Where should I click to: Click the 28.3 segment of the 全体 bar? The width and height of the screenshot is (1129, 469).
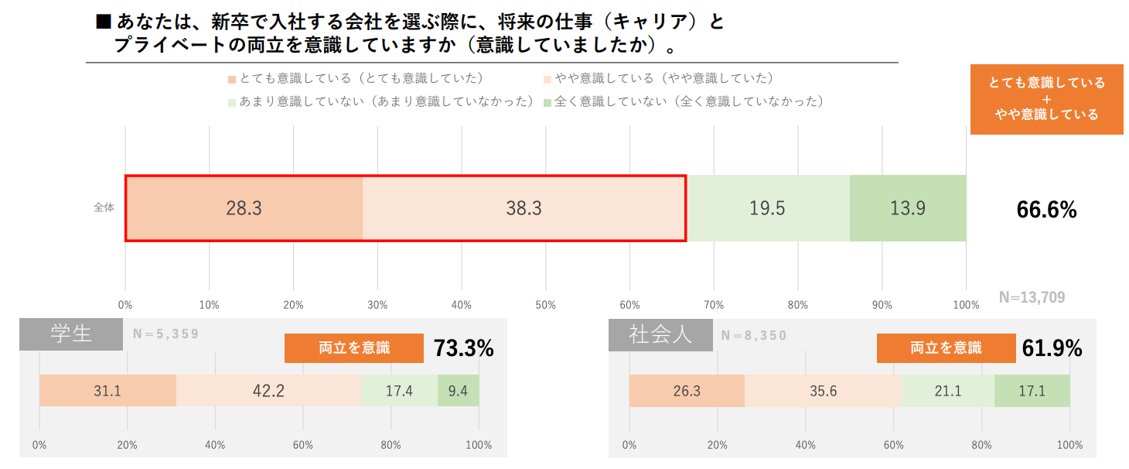[244, 209]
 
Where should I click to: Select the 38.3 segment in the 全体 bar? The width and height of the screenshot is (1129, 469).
[524, 209]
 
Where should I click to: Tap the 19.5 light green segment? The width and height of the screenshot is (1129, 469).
[767, 209]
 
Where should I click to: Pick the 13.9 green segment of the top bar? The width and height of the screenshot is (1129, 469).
[907, 209]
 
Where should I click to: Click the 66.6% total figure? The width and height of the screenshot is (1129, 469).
[1045, 210]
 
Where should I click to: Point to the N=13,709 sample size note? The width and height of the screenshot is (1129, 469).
[1032, 297]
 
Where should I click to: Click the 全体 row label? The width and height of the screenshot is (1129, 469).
[104, 208]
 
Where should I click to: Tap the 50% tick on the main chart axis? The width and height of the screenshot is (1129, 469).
[545, 305]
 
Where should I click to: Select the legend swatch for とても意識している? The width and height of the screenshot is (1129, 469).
[231, 80]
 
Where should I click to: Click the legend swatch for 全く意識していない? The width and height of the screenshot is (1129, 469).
[547, 102]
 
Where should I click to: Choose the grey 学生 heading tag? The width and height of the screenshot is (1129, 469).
[71, 334]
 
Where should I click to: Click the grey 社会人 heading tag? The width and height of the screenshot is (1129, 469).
[660, 334]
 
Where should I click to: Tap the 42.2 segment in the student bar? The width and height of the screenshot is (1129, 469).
[268, 391]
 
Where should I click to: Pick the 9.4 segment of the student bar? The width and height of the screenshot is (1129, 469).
[458, 391]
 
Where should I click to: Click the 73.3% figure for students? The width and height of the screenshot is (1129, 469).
[463, 349]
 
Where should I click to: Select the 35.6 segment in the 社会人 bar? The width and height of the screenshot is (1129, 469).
[822, 391]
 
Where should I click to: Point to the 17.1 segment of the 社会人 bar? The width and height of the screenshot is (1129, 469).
[1032, 391]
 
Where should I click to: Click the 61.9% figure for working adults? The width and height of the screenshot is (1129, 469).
[1052, 349]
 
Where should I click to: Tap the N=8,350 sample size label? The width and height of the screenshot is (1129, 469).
[753, 335]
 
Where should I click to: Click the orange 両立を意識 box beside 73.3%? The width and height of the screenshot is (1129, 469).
[354, 348]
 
